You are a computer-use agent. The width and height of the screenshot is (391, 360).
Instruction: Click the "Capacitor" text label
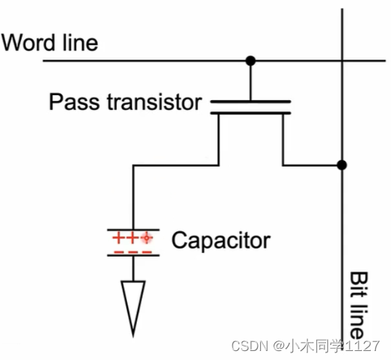[221, 241]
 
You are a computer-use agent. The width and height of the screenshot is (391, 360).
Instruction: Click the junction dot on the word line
[250, 60]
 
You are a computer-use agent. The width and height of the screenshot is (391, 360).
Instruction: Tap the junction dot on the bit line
[342, 165]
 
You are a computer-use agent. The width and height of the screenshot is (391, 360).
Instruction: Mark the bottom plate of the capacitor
[133, 255]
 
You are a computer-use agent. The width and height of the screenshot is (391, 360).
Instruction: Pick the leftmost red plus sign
[117, 238]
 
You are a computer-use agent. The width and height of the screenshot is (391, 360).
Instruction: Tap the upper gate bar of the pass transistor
[250, 100]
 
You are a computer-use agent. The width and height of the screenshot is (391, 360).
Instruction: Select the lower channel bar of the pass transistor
[250, 113]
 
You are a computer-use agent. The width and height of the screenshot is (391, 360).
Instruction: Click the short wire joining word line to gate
[250, 79]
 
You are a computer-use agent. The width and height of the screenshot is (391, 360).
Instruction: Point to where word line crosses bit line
[342, 60]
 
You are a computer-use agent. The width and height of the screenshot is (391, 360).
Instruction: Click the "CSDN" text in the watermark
[250, 346]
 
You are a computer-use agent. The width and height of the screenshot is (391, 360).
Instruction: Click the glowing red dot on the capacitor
[147, 238]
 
